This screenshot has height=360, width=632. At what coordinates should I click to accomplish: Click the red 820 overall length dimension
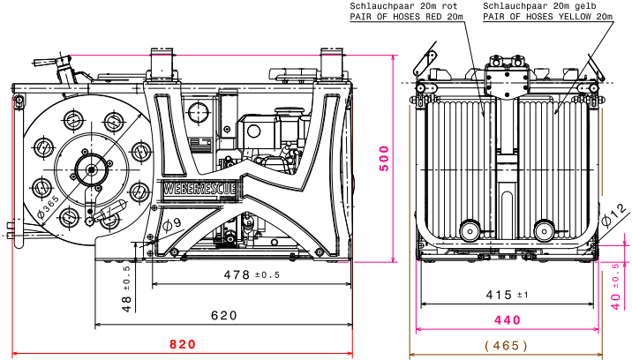coord(183,344)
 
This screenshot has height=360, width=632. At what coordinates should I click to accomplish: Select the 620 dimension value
coord(225,315)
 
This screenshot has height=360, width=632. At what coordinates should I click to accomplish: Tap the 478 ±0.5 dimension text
coord(251,275)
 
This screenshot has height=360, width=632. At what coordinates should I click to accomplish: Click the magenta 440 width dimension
coord(507,320)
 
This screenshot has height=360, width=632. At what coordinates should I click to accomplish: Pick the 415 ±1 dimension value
coord(507,295)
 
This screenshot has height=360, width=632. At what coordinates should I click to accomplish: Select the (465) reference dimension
coord(507,345)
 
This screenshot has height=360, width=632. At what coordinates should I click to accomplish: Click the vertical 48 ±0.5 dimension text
coord(127,288)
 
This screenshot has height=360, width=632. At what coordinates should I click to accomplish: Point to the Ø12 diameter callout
coord(614,213)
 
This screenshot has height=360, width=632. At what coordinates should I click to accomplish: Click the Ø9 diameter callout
coord(172,224)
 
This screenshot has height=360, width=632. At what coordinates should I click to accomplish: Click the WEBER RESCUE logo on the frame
coord(199,188)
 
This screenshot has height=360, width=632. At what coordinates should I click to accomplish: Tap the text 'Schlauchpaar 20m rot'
coord(406,6)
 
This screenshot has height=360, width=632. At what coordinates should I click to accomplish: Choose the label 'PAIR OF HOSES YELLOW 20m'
coord(547,17)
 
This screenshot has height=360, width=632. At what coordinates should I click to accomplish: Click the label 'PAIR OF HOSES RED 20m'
coord(406,17)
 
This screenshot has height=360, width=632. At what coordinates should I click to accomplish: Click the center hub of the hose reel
coord(90,167)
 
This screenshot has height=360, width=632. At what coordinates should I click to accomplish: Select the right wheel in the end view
coord(545,231)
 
